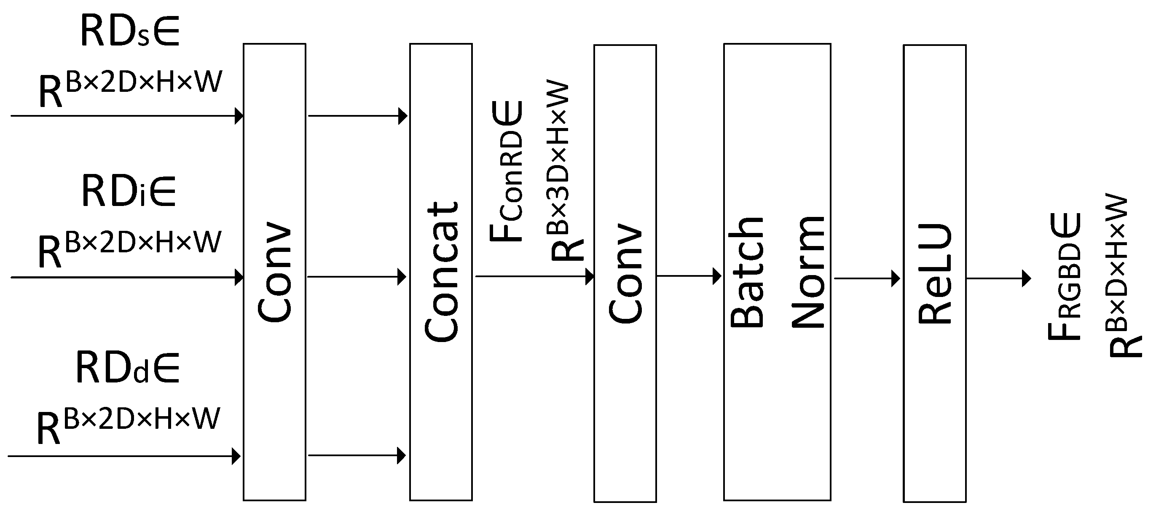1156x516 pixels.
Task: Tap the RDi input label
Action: [129, 191]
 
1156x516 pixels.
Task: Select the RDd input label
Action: [127, 368]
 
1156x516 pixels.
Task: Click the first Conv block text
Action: [275, 273]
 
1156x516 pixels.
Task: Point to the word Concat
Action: [441, 273]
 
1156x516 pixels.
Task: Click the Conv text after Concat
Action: [625, 273]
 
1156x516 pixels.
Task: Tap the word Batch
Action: [747, 273]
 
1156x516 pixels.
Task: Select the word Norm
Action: [808, 273]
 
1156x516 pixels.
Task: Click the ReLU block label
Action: [935, 273]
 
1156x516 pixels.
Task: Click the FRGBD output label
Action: [1065, 277]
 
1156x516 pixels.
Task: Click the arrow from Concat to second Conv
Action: [534, 276]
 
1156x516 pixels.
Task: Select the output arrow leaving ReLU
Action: [998, 279]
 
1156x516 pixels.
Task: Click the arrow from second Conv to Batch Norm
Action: [689, 276]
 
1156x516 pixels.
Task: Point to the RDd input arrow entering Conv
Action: [124, 456]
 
